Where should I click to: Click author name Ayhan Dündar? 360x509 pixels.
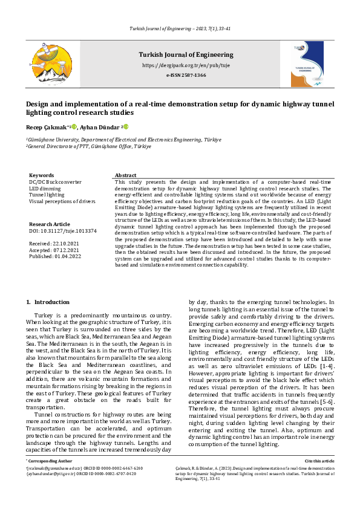[102, 127]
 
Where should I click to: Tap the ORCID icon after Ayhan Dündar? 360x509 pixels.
[126, 127]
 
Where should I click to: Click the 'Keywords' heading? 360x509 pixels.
[41, 175]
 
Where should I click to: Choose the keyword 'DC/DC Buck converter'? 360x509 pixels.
[56, 182]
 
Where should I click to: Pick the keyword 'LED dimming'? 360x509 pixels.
[44, 189]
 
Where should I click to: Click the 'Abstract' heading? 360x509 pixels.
[126, 175]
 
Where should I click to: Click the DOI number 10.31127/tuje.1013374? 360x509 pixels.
[62, 230]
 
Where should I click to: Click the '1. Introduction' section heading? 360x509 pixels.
[52, 302]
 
